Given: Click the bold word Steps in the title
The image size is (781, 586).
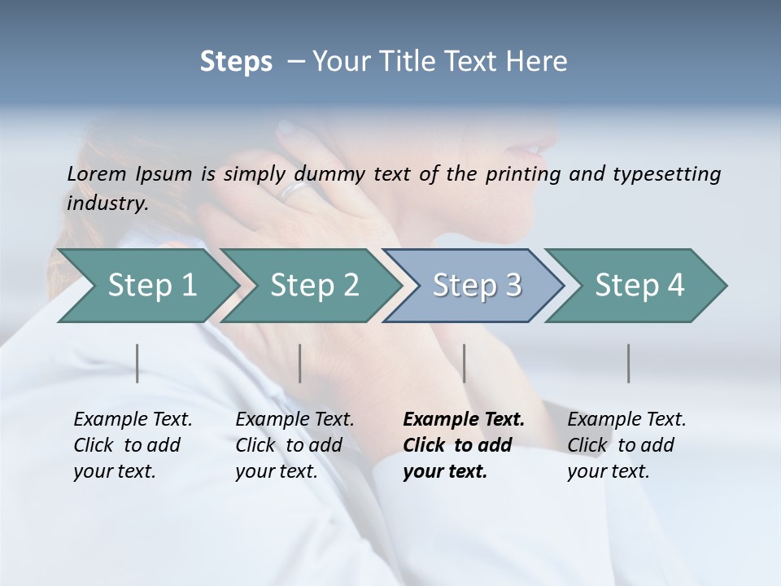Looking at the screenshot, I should click(236, 62).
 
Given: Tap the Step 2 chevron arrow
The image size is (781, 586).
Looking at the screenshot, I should click(314, 286).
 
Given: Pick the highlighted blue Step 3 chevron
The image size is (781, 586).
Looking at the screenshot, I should click(477, 286).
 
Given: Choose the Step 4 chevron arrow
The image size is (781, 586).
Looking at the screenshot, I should click(639, 286).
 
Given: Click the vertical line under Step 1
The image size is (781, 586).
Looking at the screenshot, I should click(137, 363).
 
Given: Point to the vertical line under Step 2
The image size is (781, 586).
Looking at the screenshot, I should click(300, 363).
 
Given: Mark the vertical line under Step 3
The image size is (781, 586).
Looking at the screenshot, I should click(465, 363).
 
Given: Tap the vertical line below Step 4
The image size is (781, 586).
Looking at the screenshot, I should click(629, 363).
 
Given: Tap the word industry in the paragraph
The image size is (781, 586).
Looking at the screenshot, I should click(107, 203).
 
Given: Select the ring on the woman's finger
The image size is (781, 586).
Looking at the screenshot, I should click(295, 190).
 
